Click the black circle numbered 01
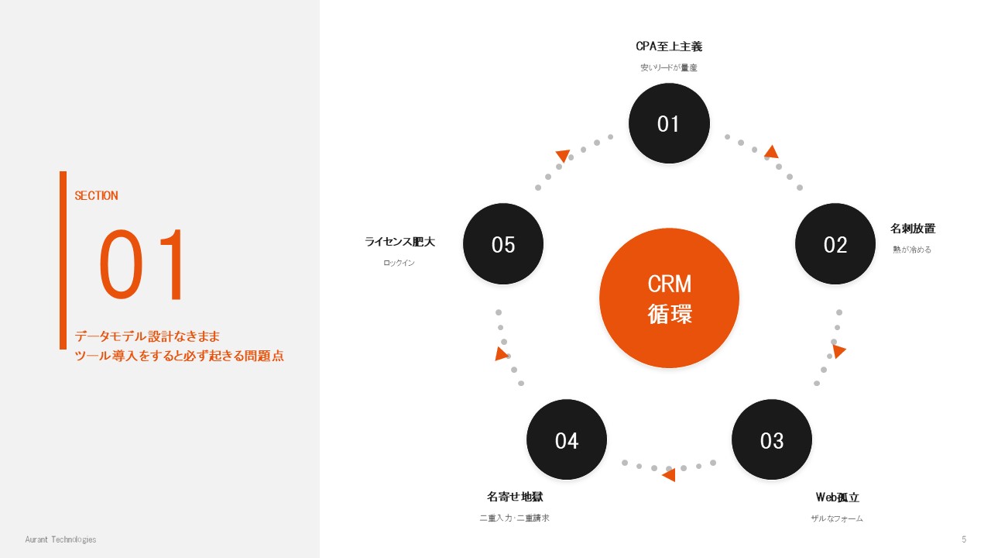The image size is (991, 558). [669, 123]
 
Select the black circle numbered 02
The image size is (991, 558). [835, 243]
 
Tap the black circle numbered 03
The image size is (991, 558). [772, 439]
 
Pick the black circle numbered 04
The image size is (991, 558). [567, 439]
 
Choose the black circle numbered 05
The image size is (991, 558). [503, 243]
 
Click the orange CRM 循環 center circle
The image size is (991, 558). [669, 298]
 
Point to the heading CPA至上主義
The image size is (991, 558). [669, 46]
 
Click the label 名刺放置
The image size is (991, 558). [913, 229]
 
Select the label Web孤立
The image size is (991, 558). [837, 498]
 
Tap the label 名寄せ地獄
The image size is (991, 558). [515, 497]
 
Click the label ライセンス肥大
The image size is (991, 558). [400, 242]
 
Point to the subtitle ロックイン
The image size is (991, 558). [399, 263]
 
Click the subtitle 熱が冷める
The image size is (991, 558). [912, 250]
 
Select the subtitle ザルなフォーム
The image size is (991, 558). [837, 518]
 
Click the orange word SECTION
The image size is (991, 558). [96, 196]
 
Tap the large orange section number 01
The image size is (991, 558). [142, 265]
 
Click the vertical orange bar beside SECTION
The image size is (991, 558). [63, 260]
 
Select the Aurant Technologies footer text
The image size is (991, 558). [60, 539]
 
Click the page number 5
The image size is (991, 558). [964, 539]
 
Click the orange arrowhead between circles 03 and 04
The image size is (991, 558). [669, 475]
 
